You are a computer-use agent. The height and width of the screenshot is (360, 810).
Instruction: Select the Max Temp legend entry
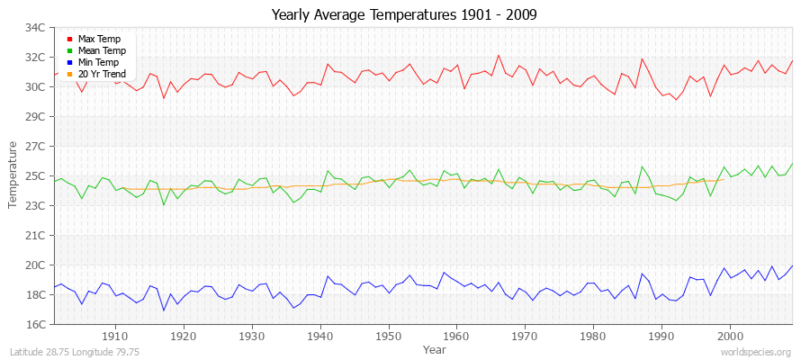click(99, 40)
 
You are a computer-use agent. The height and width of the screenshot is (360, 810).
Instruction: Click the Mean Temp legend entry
click(101, 51)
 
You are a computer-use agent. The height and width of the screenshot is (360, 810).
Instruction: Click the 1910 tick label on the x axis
click(115, 336)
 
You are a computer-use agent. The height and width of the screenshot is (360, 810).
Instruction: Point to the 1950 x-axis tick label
click(388, 336)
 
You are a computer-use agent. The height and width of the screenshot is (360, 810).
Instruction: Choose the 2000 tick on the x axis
click(730, 336)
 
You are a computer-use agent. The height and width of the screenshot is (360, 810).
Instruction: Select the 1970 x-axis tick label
click(525, 336)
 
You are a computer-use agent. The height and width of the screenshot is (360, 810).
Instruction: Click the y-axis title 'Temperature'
click(13, 175)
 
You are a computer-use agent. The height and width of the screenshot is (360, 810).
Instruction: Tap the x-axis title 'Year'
click(434, 348)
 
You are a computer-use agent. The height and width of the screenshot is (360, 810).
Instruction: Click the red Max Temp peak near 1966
click(498, 55)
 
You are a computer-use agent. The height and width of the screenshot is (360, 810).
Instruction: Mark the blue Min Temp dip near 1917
click(164, 310)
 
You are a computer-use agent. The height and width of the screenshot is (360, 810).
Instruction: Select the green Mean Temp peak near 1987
click(642, 166)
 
